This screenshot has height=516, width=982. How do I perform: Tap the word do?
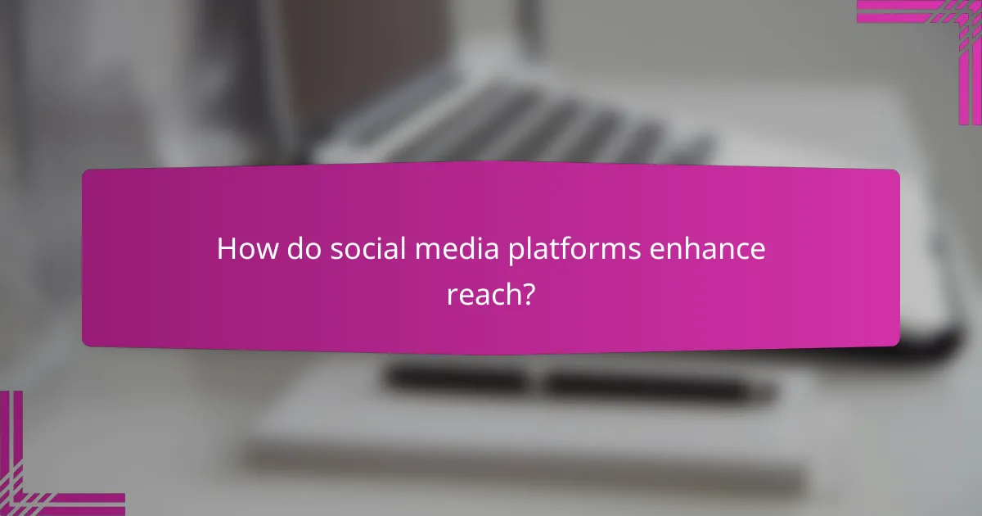click(x=302, y=250)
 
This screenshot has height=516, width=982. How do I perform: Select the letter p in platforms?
click(x=514, y=253)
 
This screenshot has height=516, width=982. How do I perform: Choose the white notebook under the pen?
click(x=532, y=442)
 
